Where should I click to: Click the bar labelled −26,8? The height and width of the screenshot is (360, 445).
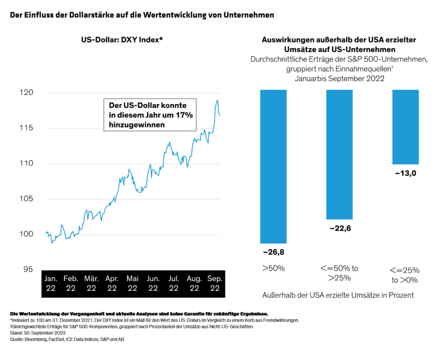tap(273, 166)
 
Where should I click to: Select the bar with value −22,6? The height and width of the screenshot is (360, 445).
tap(339, 154)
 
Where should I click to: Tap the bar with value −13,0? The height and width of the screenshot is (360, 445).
tap(406, 127)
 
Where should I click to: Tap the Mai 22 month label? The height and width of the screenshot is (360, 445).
tap(133, 283)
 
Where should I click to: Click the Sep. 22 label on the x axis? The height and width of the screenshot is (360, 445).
tap(215, 283)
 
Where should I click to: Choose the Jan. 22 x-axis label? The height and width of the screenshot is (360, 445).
tap(51, 283)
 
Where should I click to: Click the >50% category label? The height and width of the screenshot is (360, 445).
tap(273, 268)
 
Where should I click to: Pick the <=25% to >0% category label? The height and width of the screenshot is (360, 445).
tap(405, 275)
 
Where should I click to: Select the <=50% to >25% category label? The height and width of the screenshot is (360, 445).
tap(339, 272)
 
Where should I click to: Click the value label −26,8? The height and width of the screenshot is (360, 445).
tap(273, 252)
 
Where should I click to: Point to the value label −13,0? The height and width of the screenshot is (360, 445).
tap(405, 173)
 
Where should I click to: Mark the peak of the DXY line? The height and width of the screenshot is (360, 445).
tap(217, 100)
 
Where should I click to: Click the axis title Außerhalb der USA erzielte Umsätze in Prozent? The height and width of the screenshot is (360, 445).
tap(338, 295)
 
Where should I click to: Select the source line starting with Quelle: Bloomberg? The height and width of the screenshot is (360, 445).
tap(67, 339)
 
